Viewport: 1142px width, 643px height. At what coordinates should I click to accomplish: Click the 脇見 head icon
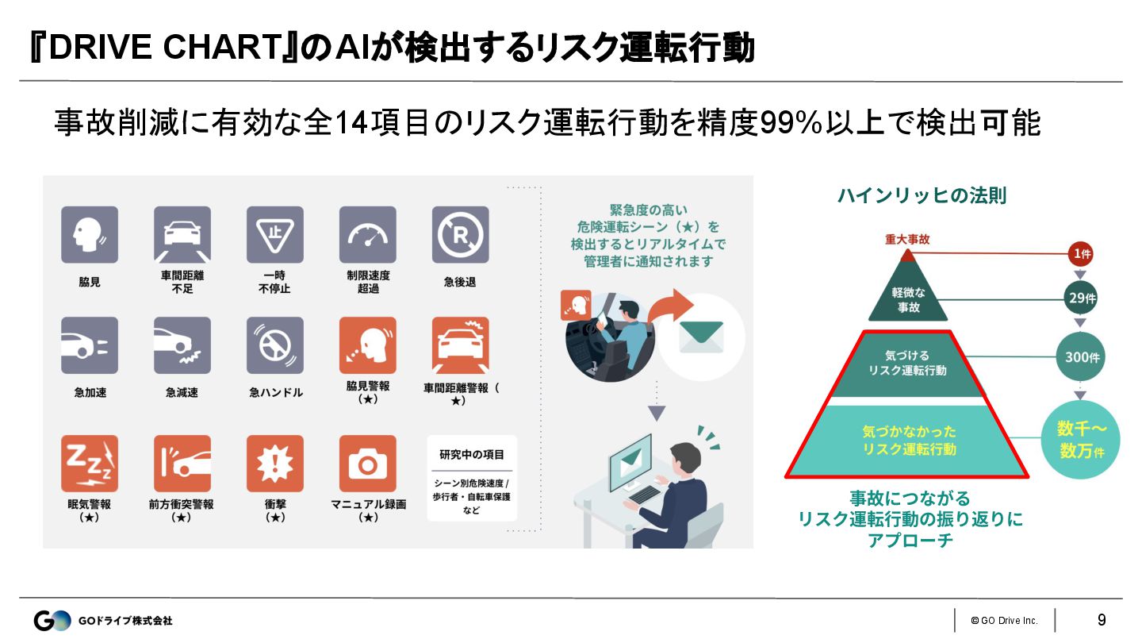coord(90,235)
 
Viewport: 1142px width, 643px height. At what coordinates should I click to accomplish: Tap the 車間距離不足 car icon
coord(182,235)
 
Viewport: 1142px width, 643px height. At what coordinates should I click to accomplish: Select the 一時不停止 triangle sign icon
coord(275,235)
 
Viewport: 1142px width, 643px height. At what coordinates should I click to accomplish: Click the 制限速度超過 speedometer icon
coord(367,235)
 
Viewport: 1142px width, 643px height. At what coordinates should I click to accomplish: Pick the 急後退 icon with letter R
coord(460,235)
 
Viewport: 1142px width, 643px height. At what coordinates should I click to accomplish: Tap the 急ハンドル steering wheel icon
coord(275,345)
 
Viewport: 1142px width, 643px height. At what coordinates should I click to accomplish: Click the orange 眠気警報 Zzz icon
coord(90,463)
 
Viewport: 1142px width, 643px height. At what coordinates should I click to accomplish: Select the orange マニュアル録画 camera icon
coord(367,463)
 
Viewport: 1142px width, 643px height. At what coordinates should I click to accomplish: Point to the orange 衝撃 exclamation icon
coord(275,463)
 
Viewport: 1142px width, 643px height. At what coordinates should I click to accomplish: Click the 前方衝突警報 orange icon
coord(182,463)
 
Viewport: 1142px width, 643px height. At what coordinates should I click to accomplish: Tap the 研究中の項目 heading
coord(472,455)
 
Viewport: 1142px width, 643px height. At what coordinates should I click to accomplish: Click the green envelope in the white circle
coord(701,337)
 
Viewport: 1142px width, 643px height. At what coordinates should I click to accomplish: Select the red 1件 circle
coord(1079,255)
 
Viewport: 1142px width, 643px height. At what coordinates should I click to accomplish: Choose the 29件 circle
coord(1079,298)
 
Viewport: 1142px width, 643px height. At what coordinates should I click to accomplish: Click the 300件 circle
coord(1079,357)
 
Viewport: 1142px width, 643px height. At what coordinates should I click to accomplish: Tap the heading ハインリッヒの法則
coord(922,195)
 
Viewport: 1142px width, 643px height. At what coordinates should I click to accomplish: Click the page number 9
coord(1102,620)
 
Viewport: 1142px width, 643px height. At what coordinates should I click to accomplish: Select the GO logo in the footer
coord(52,620)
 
